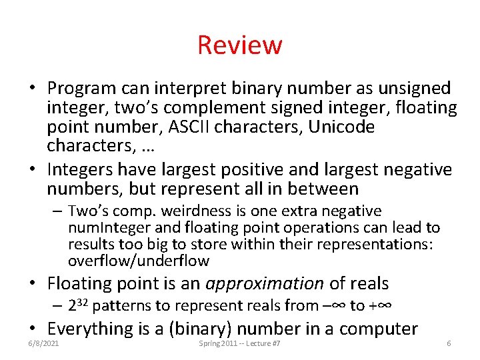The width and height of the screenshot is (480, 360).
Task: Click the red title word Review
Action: coord(240,45)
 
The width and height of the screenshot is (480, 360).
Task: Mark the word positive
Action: coord(257,169)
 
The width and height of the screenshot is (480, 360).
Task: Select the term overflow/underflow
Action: coord(139,261)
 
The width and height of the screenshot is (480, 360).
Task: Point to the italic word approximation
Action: coord(265,283)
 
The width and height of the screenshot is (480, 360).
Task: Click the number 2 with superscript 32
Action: coord(77,306)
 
